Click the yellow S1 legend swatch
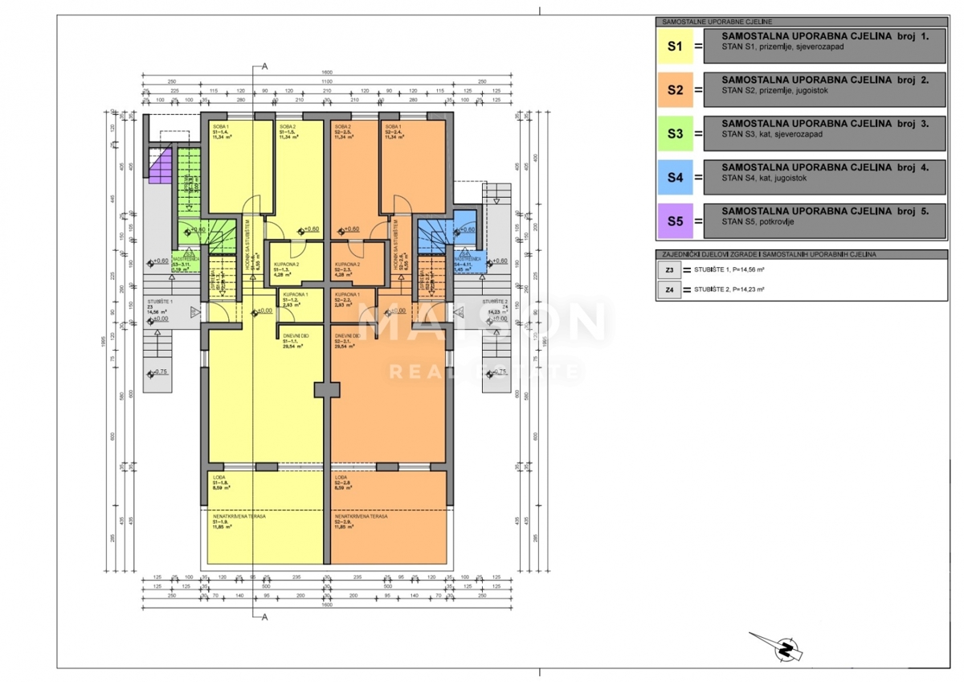676,47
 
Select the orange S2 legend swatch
676,90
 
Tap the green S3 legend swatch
676,134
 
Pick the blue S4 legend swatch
676,177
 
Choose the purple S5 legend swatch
676,221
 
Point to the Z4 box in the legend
668,290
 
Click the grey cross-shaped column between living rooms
327,389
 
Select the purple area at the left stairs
161,170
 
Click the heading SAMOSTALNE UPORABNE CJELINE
705,23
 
